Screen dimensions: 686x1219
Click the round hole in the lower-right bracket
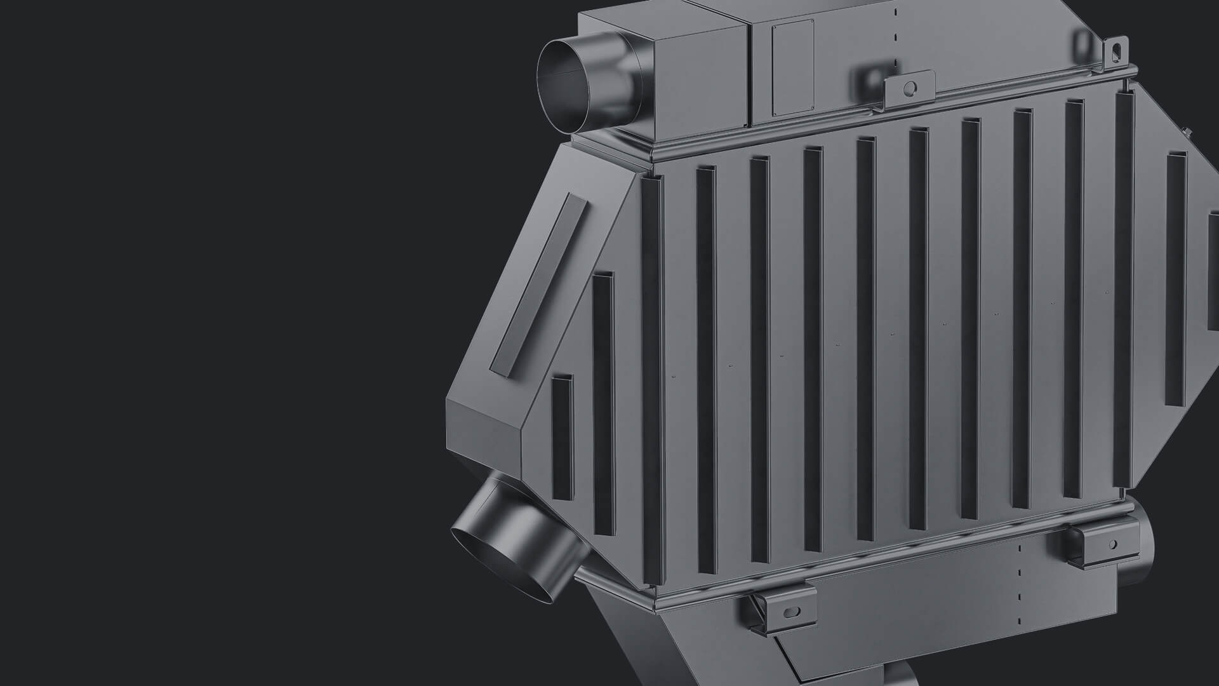(1112, 544)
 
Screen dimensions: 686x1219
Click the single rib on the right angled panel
(1176, 279)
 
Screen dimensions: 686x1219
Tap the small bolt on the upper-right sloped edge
(1185, 132)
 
